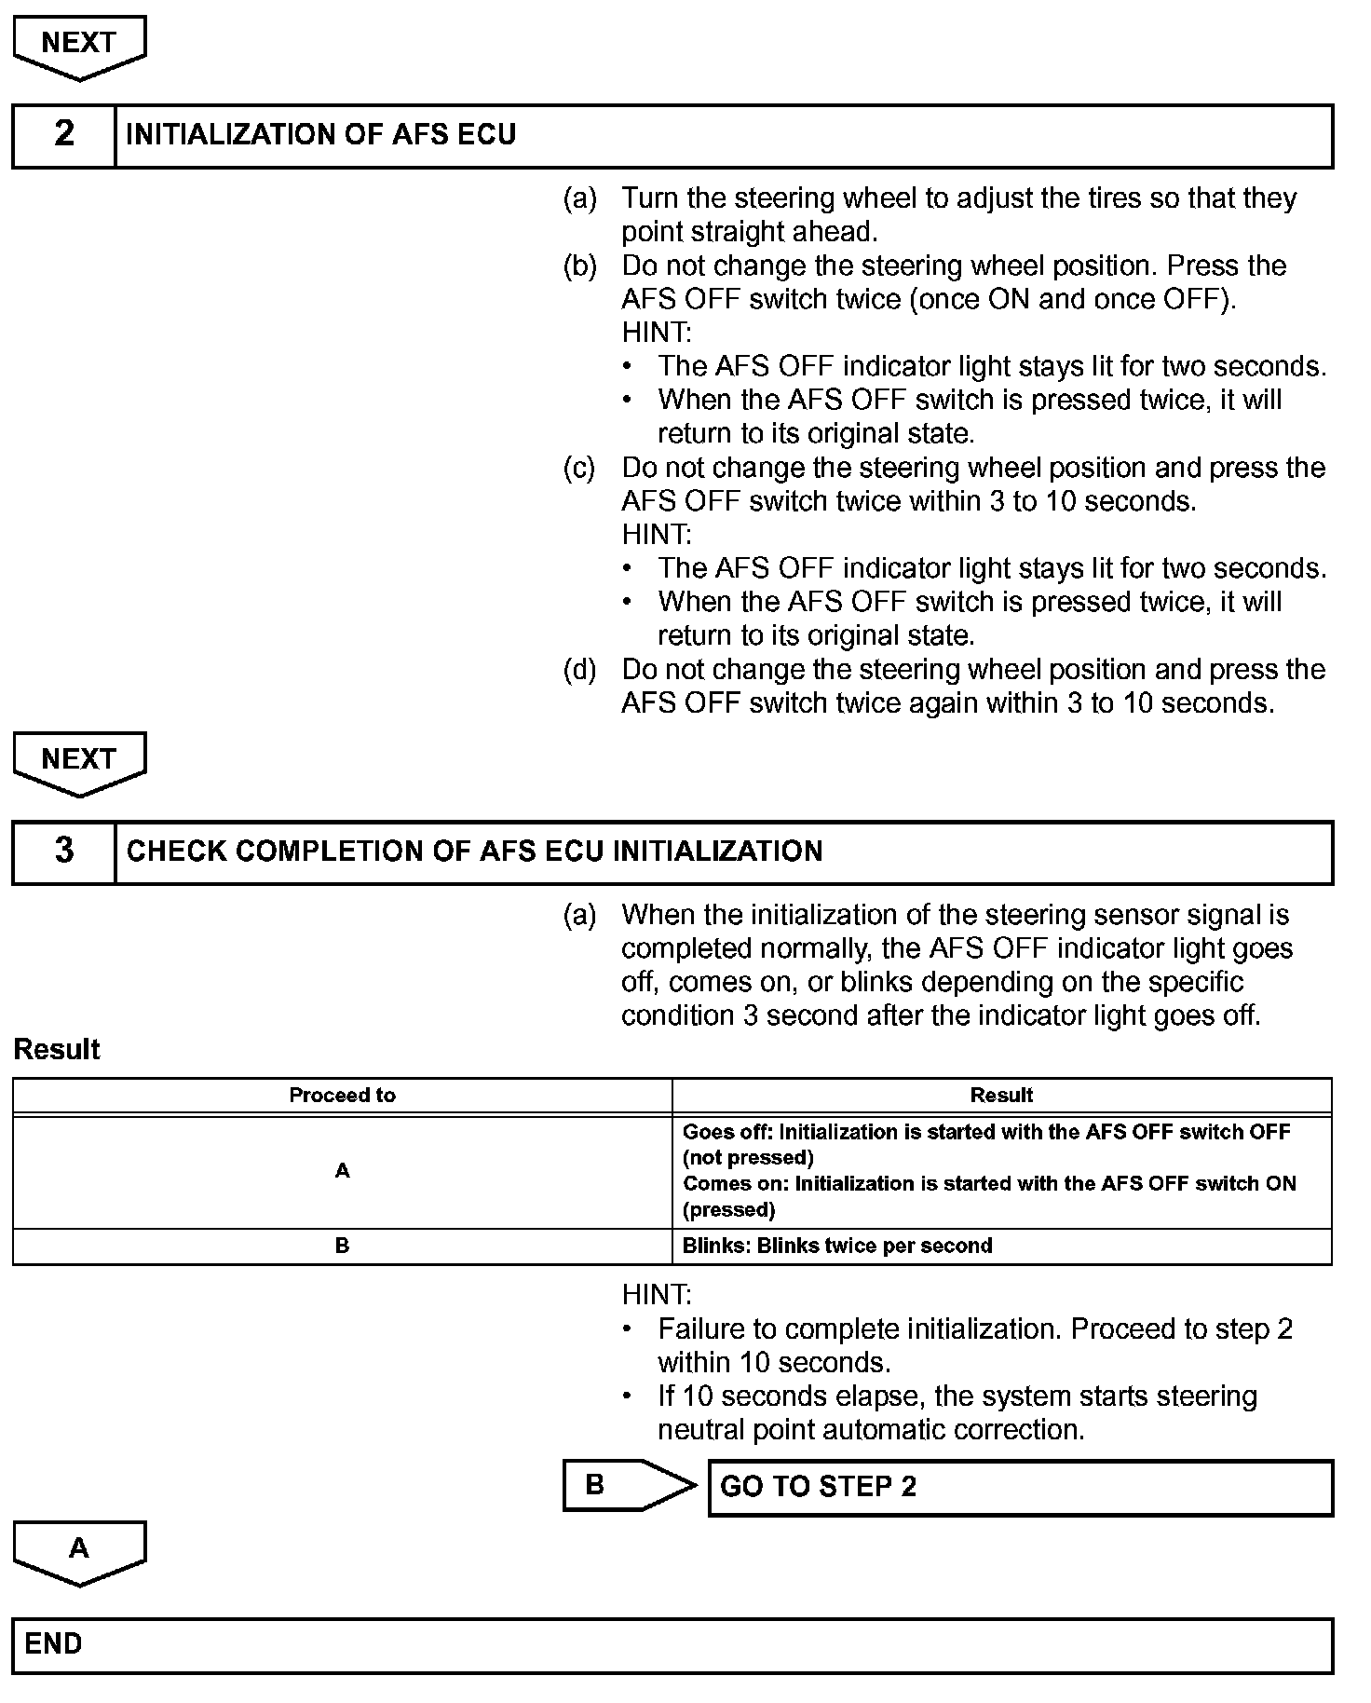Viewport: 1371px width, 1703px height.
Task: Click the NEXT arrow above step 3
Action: pos(79,763)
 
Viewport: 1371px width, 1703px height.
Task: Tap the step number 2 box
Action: pos(64,135)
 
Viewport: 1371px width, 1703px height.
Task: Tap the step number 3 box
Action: pos(64,851)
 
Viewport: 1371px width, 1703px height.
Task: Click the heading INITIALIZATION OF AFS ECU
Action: pos(320,135)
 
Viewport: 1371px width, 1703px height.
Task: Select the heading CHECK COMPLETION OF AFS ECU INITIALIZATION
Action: pos(474,851)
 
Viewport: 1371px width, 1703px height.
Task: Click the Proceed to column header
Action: pos(342,1096)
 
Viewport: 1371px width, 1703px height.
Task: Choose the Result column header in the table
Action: pos(1001,1096)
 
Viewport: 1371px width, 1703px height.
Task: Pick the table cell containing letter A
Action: pos(342,1171)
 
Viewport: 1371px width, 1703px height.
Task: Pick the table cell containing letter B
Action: pos(342,1247)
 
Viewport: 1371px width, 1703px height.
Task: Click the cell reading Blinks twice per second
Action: pos(1001,1247)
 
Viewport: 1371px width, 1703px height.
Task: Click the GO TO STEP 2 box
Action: pos(1020,1487)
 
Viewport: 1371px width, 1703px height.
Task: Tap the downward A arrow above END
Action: pos(79,1551)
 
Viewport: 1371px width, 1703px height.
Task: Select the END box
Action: pos(672,1644)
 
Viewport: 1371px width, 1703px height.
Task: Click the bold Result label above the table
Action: pos(57,1050)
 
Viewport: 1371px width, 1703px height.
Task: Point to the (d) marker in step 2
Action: pos(579,670)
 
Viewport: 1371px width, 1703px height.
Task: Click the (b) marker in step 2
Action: pos(579,266)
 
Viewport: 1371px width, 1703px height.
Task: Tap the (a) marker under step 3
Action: pos(579,916)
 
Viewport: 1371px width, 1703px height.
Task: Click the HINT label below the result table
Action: pos(657,1295)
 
